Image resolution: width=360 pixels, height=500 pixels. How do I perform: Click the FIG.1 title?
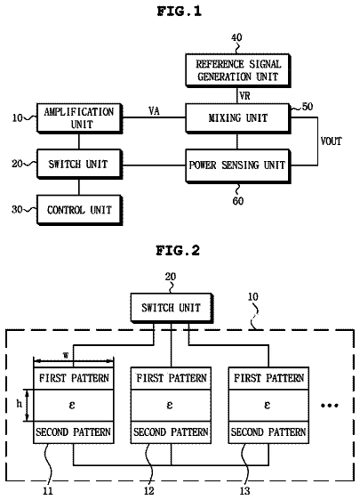179,12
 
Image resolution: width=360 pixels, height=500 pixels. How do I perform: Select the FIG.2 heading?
178,250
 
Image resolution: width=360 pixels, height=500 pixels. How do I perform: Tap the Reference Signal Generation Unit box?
238,70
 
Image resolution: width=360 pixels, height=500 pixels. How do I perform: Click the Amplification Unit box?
79,118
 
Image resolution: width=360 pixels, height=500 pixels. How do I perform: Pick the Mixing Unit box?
238,118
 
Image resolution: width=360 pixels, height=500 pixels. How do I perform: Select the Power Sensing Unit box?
238,165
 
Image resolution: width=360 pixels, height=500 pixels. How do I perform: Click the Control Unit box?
79,210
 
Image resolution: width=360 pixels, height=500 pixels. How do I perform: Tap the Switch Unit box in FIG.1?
79,164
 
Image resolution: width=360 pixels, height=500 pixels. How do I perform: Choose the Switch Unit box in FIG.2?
172,308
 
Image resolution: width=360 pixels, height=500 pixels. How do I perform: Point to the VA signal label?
154,111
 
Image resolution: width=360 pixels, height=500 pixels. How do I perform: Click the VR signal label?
244,96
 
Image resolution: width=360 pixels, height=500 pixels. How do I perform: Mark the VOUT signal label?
331,141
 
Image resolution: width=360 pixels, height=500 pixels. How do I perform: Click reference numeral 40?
236,37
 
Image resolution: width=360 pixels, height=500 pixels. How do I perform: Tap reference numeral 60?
238,201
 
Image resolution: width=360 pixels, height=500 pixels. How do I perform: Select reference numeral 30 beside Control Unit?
17,209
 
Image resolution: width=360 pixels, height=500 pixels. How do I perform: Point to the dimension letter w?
66,355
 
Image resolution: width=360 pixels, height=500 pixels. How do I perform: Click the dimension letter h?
20,404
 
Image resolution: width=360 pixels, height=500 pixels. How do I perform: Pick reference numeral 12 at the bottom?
148,491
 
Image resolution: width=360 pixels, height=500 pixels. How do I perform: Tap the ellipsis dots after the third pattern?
330,406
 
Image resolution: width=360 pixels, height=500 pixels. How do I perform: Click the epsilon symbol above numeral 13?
267,405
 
